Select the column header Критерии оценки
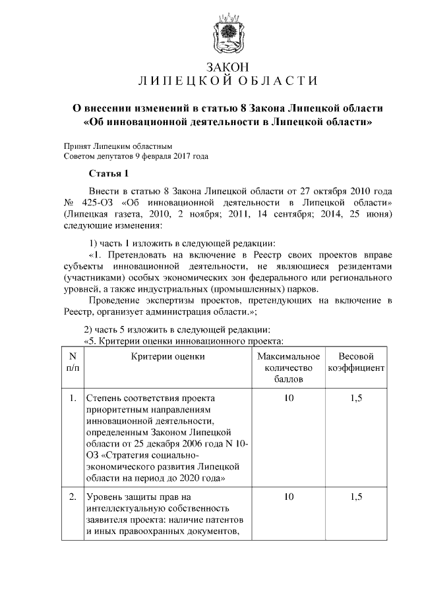(x=167, y=356)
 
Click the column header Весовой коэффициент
(x=356, y=362)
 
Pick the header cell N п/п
(x=72, y=362)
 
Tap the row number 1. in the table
(x=72, y=398)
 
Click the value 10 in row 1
(x=288, y=398)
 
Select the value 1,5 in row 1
(x=356, y=398)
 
